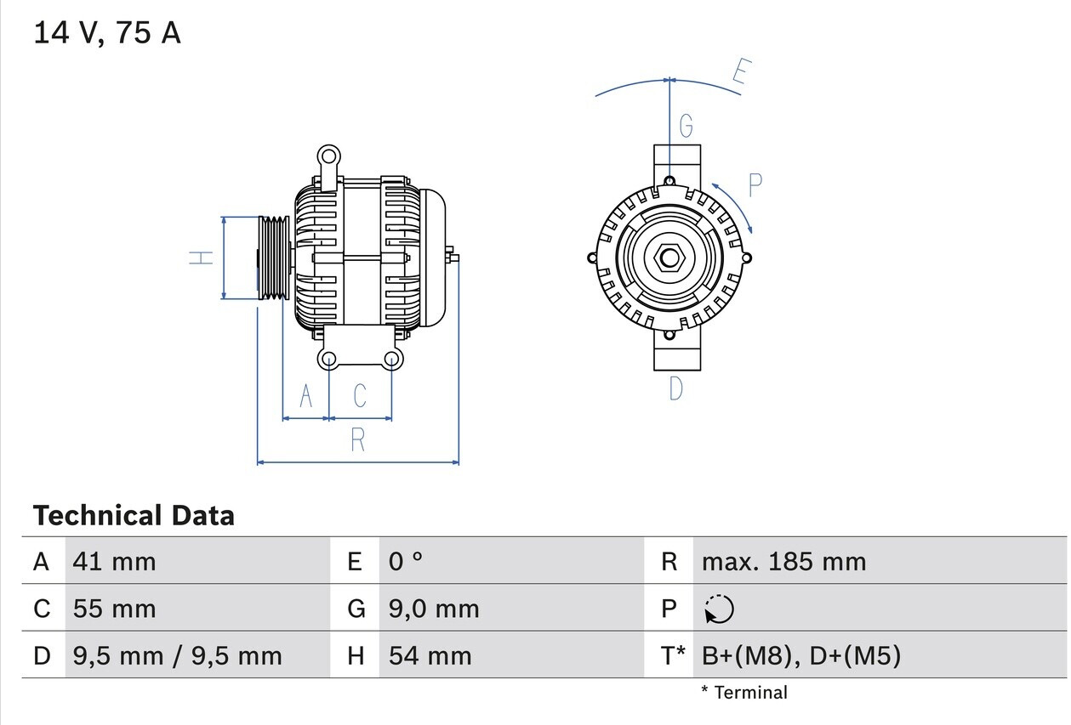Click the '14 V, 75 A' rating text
[x=107, y=33]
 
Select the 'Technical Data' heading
[x=134, y=515]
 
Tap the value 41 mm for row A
[x=115, y=561]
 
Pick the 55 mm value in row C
[x=115, y=609]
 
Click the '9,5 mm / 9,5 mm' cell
[x=177, y=655]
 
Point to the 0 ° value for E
[x=406, y=561]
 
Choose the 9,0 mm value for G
[x=434, y=609]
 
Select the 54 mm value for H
[x=430, y=655]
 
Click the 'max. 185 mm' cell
[x=783, y=561]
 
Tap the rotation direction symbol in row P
[x=719, y=609]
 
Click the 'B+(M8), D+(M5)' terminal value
[x=800, y=655]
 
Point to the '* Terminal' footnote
[x=744, y=693]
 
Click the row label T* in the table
[x=673, y=655]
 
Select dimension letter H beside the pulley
[x=201, y=257]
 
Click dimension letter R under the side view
[x=358, y=439]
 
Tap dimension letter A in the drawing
[x=305, y=396]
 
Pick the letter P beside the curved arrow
[x=755, y=185]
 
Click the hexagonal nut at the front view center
[x=669, y=258]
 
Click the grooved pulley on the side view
[x=273, y=258]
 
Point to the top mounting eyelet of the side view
[x=328, y=156]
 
